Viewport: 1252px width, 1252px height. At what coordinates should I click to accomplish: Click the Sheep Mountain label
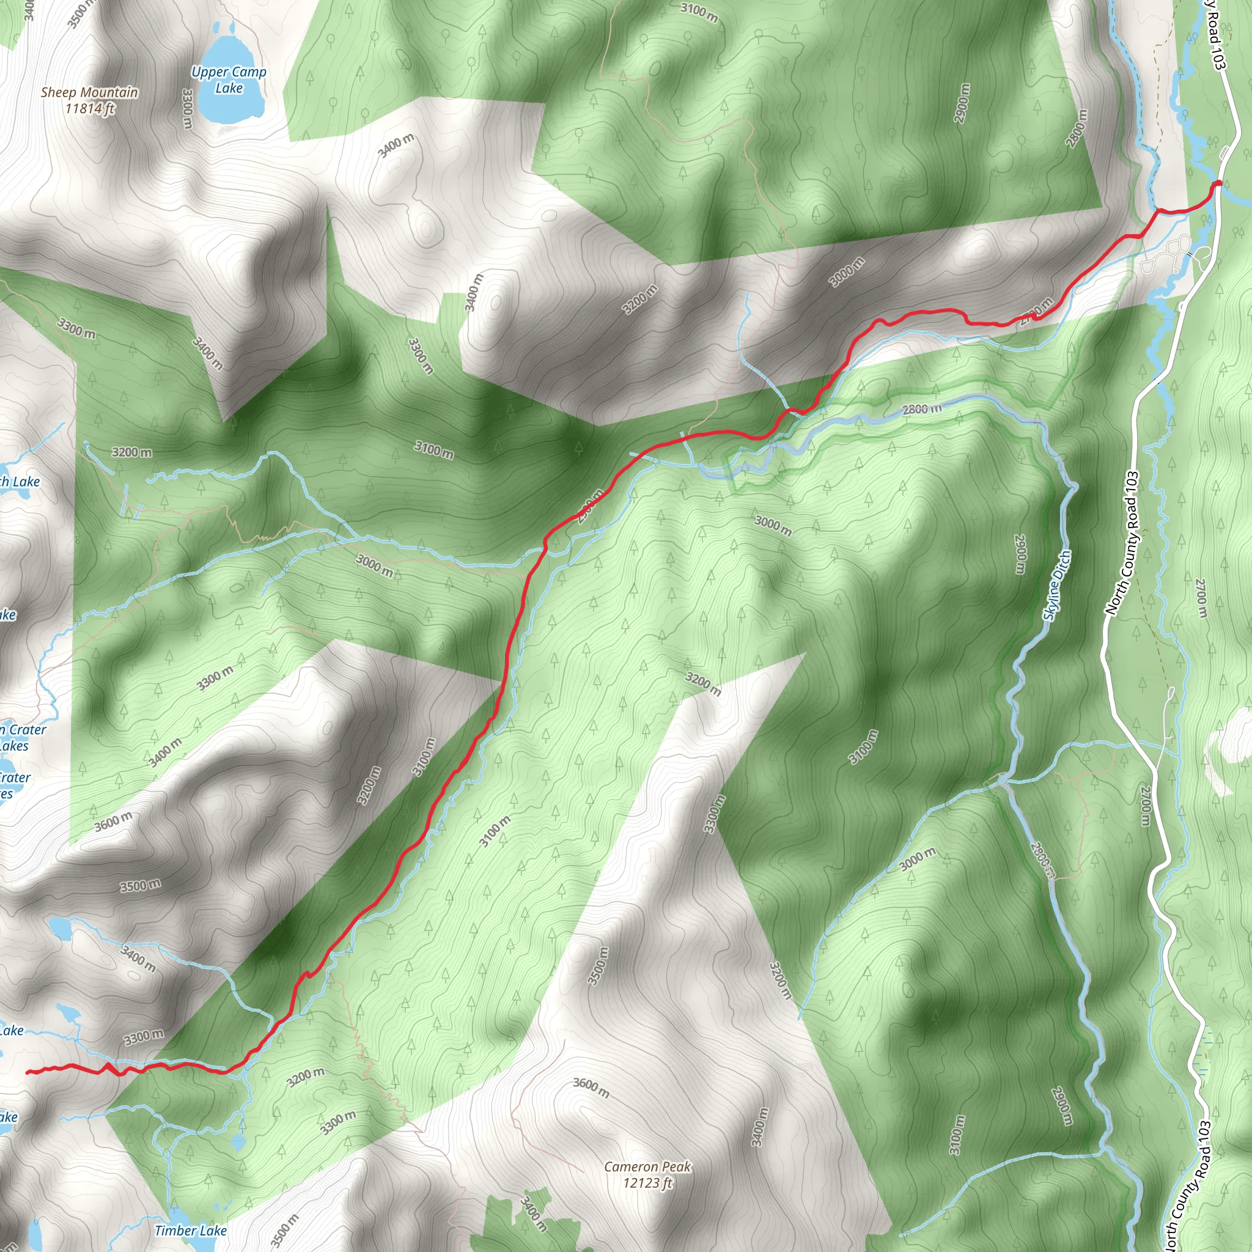click(89, 92)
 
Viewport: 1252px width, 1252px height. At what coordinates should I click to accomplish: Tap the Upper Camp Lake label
click(229, 79)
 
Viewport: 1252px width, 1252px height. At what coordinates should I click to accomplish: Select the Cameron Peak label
click(647, 1166)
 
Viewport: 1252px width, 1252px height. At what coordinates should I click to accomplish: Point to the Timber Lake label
click(191, 1230)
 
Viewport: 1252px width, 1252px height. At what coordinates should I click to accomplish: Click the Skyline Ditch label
click(1057, 585)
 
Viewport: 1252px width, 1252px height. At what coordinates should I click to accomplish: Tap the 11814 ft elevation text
click(89, 109)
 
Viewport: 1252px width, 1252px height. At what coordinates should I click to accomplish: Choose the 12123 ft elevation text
click(647, 1184)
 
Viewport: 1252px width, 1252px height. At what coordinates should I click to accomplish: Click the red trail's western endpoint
click(28, 1072)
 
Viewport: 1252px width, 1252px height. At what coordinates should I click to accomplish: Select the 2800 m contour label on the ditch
click(922, 409)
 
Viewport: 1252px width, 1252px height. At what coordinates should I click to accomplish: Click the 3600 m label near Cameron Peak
click(591, 1088)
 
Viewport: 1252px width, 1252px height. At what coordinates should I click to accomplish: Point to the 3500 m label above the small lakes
click(140, 885)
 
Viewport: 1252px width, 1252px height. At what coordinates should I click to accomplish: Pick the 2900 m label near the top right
click(962, 102)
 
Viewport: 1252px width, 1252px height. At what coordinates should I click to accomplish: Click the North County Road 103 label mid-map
click(1122, 543)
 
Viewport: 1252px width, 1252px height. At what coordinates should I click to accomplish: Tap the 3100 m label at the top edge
click(699, 12)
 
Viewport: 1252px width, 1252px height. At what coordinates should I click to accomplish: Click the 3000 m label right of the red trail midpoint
click(773, 525)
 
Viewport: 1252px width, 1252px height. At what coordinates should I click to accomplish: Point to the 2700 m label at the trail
click(1036, 311)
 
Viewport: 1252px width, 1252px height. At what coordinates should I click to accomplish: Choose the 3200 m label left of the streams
click(131, 452)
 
